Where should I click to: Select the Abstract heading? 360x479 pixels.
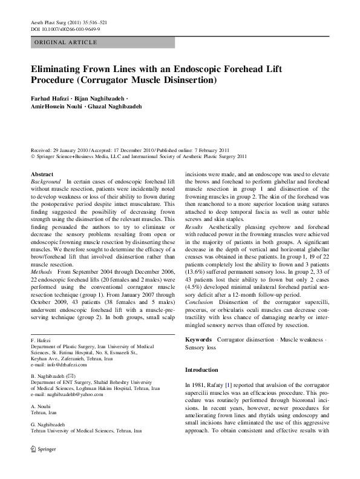click(x=42, y=174)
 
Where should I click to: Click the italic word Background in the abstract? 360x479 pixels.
click(x=45, y=182)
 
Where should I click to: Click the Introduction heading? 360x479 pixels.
click(x=202, y=369)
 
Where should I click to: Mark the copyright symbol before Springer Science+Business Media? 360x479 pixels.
click(x=32, y=155)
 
